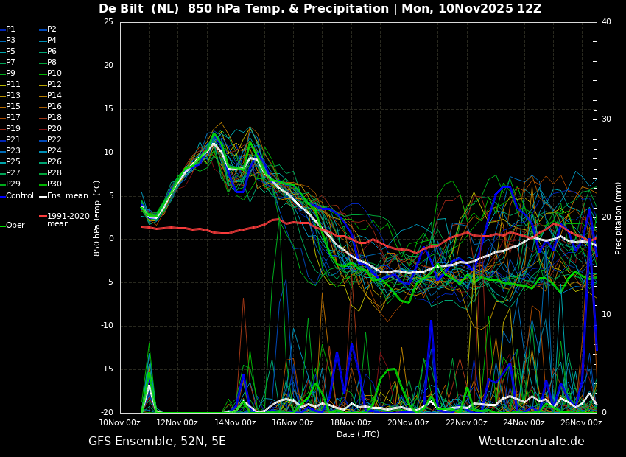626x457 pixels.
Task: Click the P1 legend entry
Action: [8, 29]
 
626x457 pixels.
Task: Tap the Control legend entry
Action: [17, 196]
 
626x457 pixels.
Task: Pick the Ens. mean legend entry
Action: [64, 196]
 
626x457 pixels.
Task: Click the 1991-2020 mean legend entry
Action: [65, 220]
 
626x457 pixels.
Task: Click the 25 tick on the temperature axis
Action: [108, 21]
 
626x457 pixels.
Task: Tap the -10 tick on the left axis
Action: [107, 326]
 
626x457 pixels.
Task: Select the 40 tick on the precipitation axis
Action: [606, 21]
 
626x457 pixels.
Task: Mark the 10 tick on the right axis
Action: [606, 315]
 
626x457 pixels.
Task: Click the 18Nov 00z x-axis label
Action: [351, 422]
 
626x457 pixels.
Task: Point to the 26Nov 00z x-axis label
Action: [581, 422]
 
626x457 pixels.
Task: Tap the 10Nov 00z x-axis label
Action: [120, 422]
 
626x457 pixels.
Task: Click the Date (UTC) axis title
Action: [358, 434]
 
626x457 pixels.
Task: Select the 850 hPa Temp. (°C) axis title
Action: [97, 218]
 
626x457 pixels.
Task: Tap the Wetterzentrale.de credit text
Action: [532, 442]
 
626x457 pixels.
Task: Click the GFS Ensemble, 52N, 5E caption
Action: [157, 442]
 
